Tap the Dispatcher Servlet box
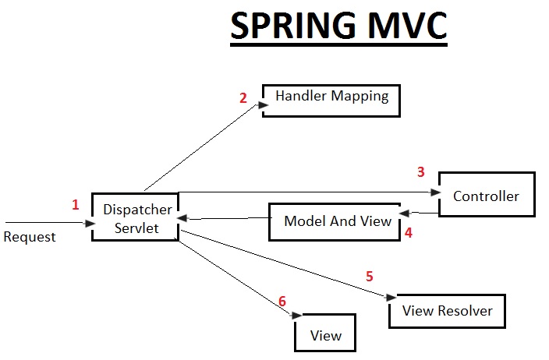point(135,216)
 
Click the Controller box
point(487,194)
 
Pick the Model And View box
point(337,221)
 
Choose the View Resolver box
point(447,311)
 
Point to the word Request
point(30,237)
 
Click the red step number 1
point(76,205)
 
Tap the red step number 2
point(243,98)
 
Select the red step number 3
point(421,171)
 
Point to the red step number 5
point(370,276)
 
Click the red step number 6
point(282,302)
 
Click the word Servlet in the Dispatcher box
point(135,228)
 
